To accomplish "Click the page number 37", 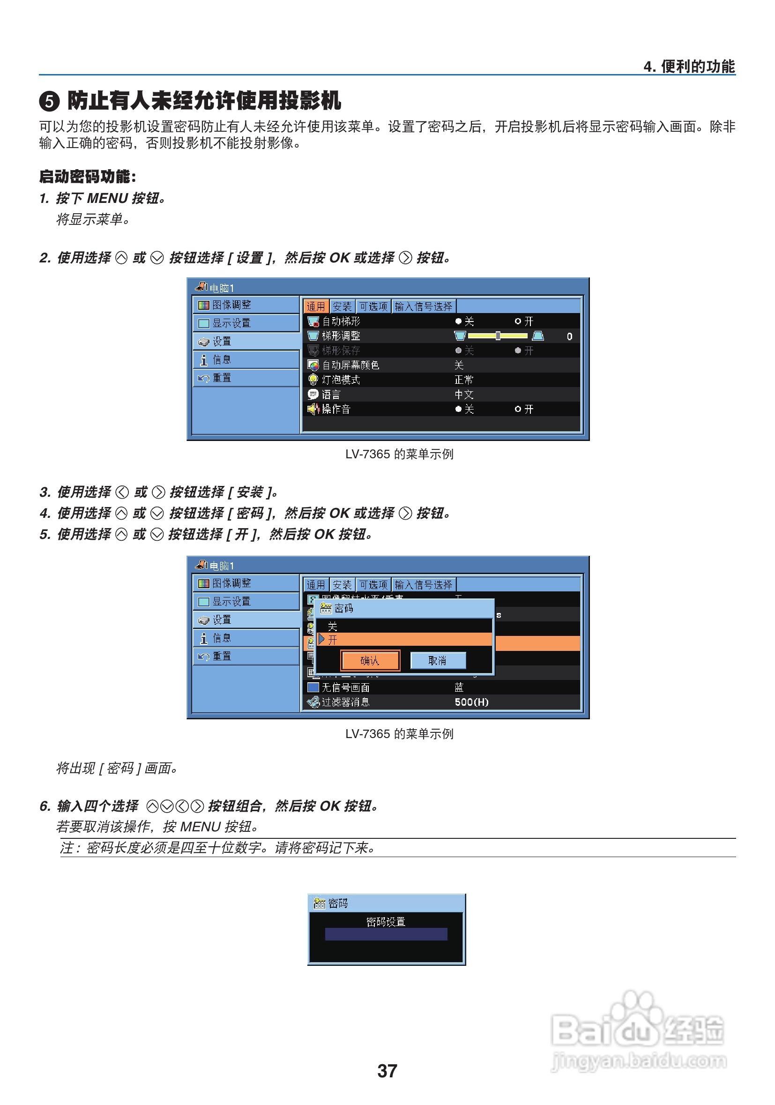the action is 387,1071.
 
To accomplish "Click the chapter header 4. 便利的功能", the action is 688,67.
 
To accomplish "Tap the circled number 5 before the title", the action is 49,102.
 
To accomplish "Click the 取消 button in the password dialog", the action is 437,661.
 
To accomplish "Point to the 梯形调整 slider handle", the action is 498,336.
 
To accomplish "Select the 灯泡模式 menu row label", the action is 341,380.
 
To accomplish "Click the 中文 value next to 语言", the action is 464,395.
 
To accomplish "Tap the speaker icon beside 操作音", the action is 313,409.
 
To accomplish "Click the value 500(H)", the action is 471,702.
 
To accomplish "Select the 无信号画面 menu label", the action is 345,688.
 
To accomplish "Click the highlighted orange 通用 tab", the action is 316,306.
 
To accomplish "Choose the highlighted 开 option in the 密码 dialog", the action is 333,640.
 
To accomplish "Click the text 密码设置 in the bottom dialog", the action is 386,922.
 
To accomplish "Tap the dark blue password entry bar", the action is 386,934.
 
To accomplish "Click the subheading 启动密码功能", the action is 87,177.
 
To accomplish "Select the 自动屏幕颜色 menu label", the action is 350,365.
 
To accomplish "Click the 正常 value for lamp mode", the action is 464,380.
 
